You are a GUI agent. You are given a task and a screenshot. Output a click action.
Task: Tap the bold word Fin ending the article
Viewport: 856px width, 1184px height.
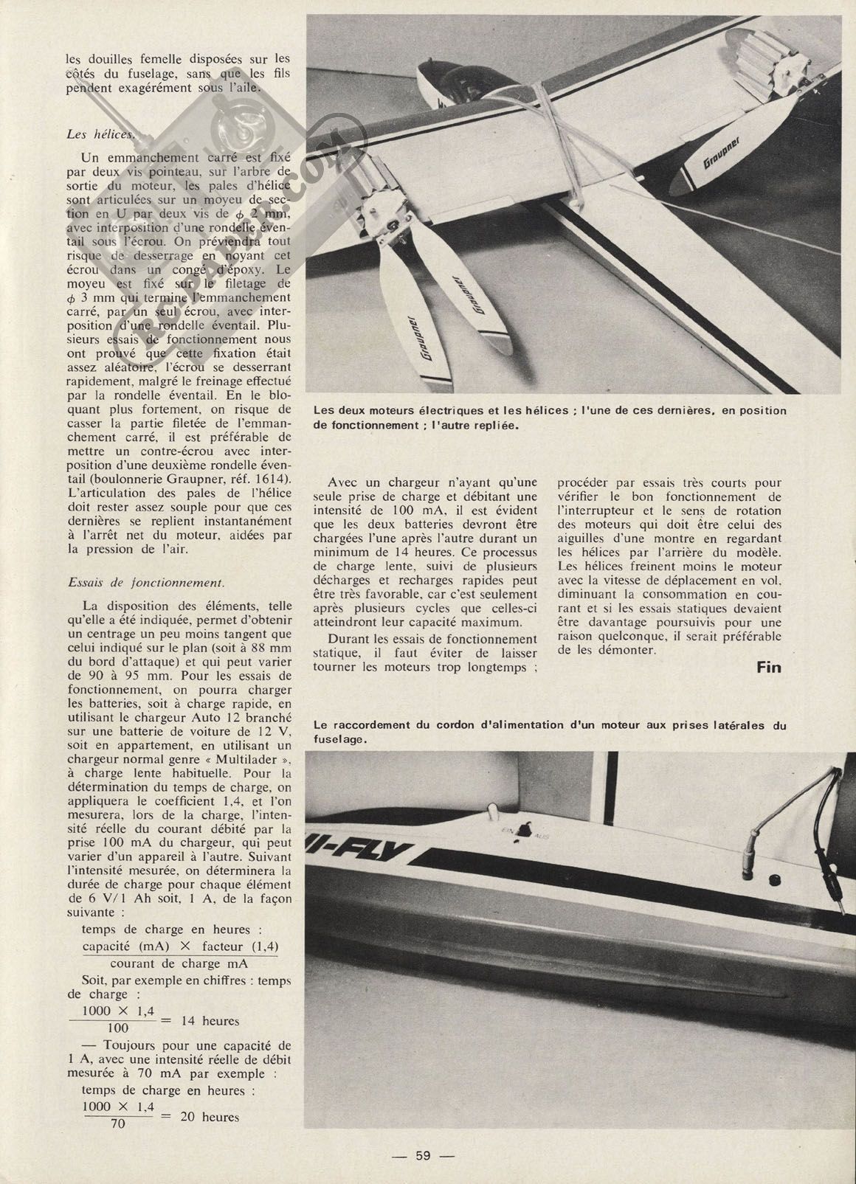[x=769, y=667]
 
